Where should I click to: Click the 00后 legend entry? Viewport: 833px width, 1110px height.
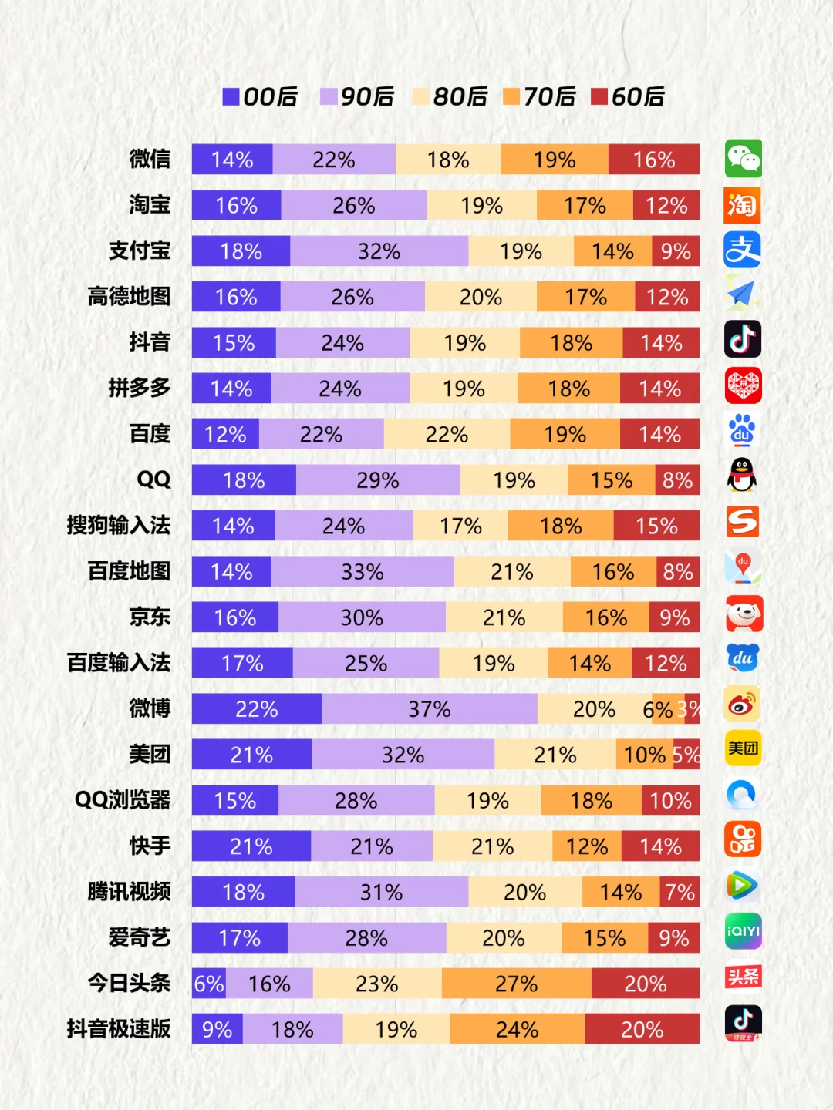[260, 96]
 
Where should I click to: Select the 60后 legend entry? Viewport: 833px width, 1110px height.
[628, 96]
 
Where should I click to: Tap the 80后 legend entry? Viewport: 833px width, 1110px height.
[450, 96]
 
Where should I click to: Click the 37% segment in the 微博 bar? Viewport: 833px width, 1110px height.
[430, 709]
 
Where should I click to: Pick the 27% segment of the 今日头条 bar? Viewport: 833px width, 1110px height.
[517, 984]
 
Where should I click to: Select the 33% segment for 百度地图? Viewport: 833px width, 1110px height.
[363, 572]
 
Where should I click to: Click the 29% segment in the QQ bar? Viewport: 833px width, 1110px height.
[378, 480]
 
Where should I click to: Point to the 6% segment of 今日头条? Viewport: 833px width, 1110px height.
[208, 984]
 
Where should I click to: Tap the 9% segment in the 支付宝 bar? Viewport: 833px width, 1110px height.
[676, 251]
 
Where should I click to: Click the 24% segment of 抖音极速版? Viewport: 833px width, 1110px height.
[518, 1029]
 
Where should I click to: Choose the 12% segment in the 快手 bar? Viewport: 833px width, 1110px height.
[586, 846]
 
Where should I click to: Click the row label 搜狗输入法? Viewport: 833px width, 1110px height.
[119, 526]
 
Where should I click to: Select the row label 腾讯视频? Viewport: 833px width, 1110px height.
[129, 892]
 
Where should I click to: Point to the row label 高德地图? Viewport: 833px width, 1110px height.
[129, 297]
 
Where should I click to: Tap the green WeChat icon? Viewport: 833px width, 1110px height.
[743, 159]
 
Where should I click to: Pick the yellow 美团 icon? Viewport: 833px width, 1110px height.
[743, 748]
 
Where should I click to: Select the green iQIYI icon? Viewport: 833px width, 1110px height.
[743, 931]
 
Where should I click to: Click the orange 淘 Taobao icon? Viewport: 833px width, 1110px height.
[743, 205]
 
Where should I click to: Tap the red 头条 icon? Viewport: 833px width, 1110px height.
[743, 977]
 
